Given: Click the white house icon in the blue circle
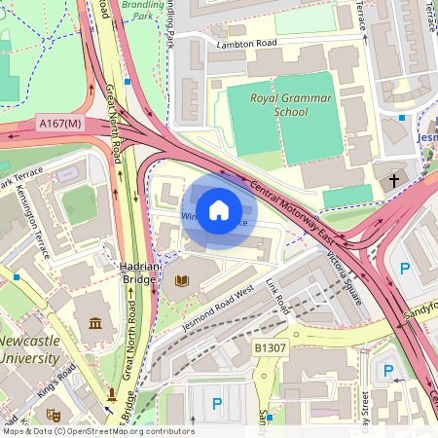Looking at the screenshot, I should tap(219, 210).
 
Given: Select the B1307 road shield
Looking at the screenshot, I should tap(272, 347).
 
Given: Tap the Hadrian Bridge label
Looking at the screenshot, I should tap(138, 272).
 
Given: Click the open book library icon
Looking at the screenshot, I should tap(181, 281).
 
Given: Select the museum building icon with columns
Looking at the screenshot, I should tap(94, 324).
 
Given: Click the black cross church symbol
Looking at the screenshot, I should tap(394, 180).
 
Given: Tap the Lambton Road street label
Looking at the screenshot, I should tap(247, 44).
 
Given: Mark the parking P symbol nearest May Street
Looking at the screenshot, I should tap(388, 371).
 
